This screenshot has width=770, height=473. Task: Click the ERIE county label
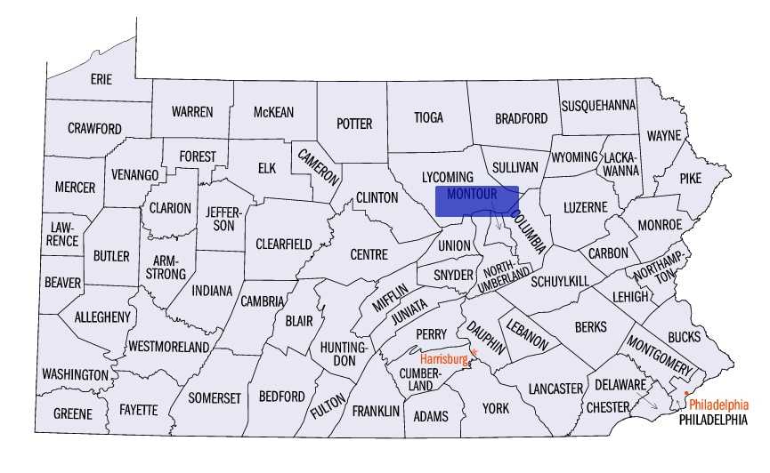tap(101, 79)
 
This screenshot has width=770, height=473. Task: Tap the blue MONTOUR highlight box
tap(477, 201)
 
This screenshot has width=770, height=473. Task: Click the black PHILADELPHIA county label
tap(712, 419)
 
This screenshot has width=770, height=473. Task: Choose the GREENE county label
tap(72, 413)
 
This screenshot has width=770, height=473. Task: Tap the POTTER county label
tap(354, 124)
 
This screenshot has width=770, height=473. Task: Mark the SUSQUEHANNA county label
tap(598, 105)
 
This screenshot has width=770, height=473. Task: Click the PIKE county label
tap(690, 178)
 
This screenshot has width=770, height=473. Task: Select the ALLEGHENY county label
tap(102, 317)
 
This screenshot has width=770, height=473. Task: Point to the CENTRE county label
tap(369, 254)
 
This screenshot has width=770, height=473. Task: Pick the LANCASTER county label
tap(555, 389)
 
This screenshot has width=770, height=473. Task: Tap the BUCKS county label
tap(684, 337)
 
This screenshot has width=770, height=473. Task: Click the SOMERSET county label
tap(215, 397)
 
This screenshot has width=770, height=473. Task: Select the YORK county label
tap(496, 408)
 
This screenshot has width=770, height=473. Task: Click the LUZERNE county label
tap(585, 207)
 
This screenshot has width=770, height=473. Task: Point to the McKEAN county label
tap(273, 112)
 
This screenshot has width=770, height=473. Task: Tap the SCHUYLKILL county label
tap(560, 281)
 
